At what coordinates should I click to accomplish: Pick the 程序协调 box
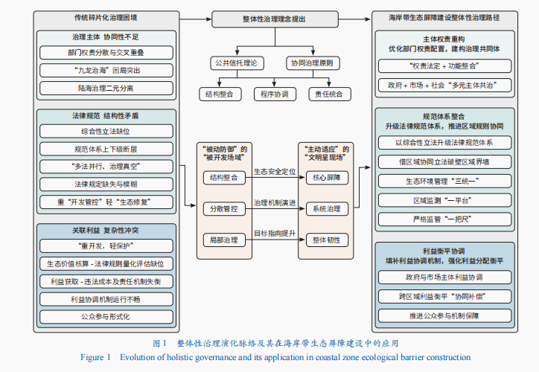272,94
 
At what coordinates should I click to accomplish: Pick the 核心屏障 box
326,178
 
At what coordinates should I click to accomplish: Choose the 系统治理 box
326,208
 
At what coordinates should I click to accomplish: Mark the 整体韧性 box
326,240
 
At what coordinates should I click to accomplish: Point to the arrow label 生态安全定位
275,172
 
